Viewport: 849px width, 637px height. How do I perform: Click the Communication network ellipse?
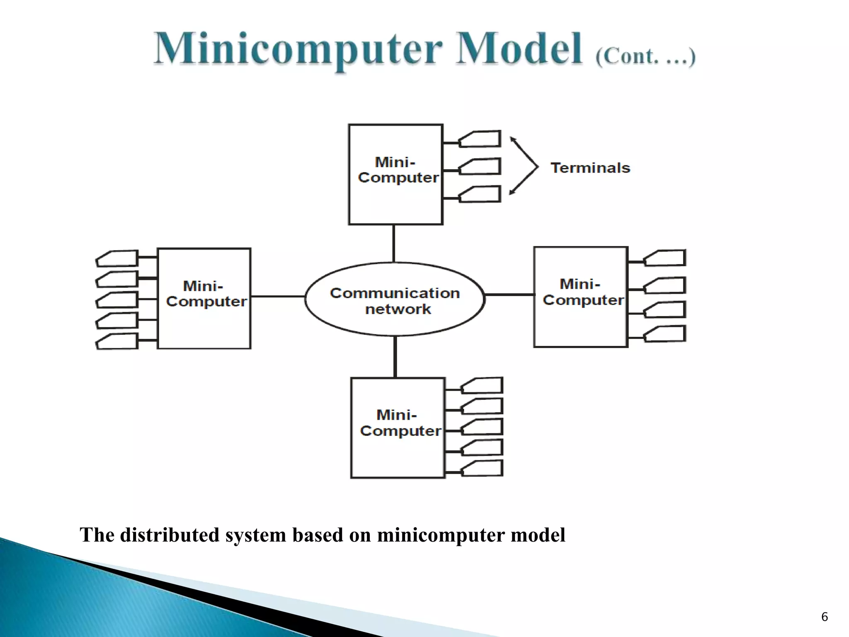[395, 299]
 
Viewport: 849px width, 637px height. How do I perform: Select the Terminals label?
[590, 168]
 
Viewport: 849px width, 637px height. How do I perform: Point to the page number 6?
[824, 617]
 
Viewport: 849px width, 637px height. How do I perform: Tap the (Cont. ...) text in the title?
[645, 56]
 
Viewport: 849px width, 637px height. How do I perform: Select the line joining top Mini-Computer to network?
[393, 243]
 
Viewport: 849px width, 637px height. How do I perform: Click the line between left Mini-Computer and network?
[278, 296]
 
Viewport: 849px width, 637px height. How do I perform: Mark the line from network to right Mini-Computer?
[509, 294]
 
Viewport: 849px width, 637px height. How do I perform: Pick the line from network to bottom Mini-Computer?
[395, 357]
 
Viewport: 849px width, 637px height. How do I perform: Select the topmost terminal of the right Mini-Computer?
[666, 258]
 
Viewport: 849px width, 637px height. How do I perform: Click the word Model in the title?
[519, 50]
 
